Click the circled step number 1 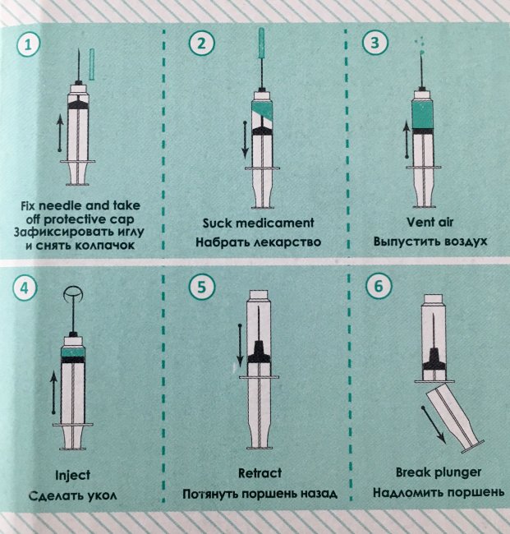pos(28,44)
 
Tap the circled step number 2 pos(201,44)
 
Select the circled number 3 pos(374,43)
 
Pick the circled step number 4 pos(24,288)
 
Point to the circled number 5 pos(202,287)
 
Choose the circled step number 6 pos(379,286)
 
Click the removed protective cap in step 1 pos(92,64)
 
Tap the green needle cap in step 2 pos(261,44)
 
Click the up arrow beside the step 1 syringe pos(60,133)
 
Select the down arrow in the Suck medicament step pos(245,140)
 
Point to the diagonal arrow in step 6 pos(434,425)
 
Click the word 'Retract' pos(260,473)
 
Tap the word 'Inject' pos(72,476)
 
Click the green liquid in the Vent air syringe pos(422,114)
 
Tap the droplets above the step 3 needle pos(420,46)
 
